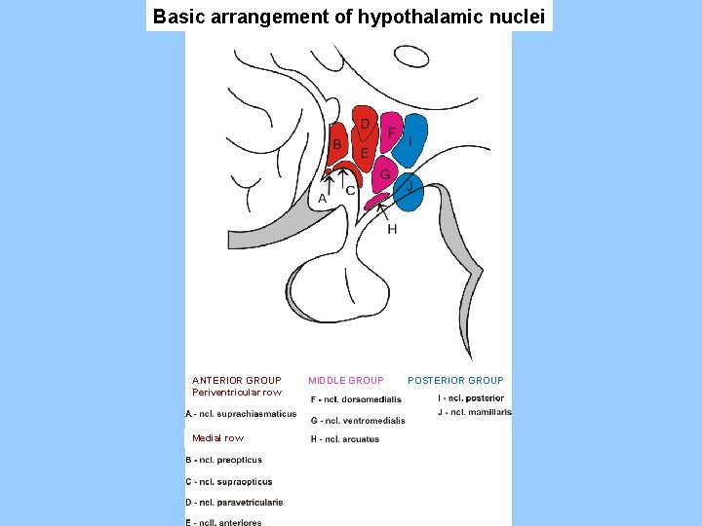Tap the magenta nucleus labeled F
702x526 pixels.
pos(392,137)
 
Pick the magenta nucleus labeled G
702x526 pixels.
pos(386,177)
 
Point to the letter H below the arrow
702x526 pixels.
pos(392,229)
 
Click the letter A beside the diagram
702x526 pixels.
pos(323,198)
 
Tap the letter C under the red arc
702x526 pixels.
pos(350,191)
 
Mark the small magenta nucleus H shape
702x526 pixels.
pos(376,201)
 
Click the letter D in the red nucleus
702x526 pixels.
pos(365,124)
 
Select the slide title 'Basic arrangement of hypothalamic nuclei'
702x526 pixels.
pos(349,17)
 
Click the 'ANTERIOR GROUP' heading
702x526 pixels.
pos(237,380)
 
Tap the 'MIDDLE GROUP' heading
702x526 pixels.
pos(346,380)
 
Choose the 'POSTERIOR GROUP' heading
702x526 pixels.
pos(455,380)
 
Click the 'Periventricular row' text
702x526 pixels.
pos(237,393)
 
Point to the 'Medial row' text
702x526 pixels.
pos(218,438)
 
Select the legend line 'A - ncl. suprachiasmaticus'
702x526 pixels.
pos(241,414)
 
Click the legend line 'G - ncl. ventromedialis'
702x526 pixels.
pos(358,421)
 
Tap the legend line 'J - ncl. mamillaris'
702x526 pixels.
pos(475,412)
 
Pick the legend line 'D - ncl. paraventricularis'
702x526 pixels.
pos(234,503)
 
